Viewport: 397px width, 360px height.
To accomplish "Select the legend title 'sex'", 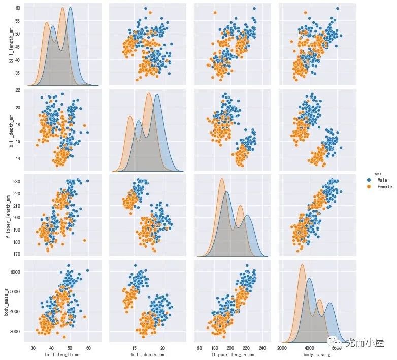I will tap(372, 173).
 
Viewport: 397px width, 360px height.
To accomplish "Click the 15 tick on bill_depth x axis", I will tap(135, 348).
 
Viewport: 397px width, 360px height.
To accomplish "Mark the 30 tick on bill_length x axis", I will tap(34, 348).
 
